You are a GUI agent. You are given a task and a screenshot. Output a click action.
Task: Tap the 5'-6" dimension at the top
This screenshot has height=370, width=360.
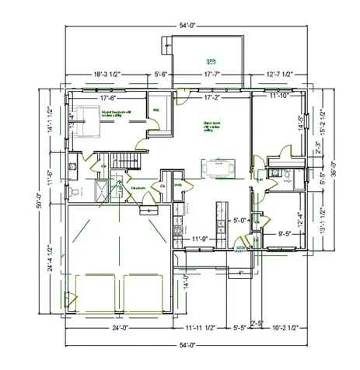162,75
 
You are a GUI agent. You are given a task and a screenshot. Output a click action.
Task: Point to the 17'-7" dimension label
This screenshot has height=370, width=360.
212,75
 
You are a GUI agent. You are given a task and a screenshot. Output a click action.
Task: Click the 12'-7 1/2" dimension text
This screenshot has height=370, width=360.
278,75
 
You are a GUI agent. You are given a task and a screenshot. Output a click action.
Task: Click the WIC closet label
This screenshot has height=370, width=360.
156,110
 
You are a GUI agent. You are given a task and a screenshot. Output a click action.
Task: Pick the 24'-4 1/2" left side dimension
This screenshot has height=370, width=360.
49,257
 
